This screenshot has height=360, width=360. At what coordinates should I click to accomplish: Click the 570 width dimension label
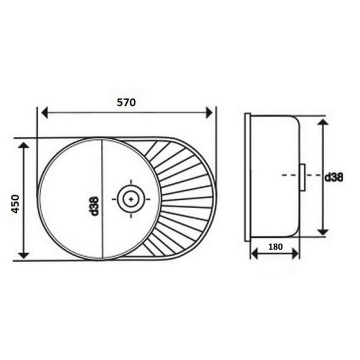126,103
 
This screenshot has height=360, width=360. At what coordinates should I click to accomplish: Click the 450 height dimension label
16,204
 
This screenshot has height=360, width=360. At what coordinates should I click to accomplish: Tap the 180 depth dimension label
275,247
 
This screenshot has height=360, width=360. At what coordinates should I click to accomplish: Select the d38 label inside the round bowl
94,206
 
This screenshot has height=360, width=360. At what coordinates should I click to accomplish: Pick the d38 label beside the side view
334,178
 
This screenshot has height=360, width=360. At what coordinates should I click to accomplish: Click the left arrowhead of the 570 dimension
44,113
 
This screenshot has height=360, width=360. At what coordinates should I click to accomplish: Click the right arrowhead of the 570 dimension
209,113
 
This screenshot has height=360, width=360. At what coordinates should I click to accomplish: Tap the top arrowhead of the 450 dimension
23,145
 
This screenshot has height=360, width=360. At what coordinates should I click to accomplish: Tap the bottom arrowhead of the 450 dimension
23,255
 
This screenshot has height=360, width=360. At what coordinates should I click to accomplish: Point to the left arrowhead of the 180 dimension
254,254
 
